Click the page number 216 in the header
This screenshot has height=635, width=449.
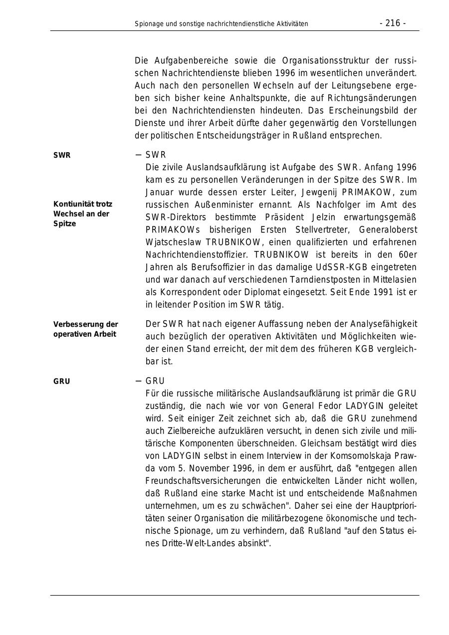coord(393,23)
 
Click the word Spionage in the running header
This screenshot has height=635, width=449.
coord(149,23)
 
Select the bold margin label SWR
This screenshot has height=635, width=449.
coord(62,155)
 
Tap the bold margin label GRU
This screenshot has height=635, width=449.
coord(62,382)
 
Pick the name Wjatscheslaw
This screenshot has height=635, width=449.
coord(174,242)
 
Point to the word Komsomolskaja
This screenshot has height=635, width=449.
coord(360,456)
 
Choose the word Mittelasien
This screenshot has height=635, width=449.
coord(393,280)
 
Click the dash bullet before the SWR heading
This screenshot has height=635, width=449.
coord(138,155)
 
